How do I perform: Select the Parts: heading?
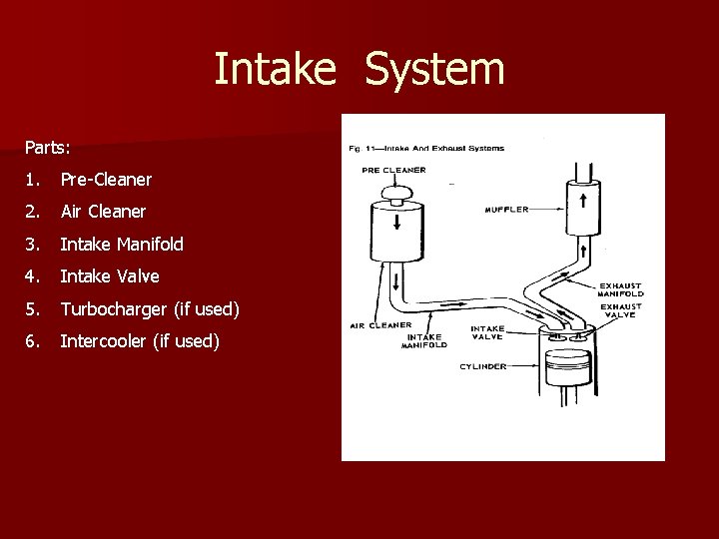click(48, 148)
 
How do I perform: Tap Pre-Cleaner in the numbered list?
click(106, 180)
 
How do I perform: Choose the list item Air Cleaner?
click(103, 212)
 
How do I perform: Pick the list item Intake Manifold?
click(122, 244)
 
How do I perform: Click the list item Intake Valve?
click(110, 276)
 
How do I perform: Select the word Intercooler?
click(104, 341)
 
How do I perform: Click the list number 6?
click(32, 341)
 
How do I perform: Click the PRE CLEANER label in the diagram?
click(393, 171)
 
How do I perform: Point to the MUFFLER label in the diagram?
click(506, 210)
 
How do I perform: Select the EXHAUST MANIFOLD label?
click(620, 289)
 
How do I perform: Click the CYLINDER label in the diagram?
click(482, 366)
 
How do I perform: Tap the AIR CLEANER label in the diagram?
click(380, 325)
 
